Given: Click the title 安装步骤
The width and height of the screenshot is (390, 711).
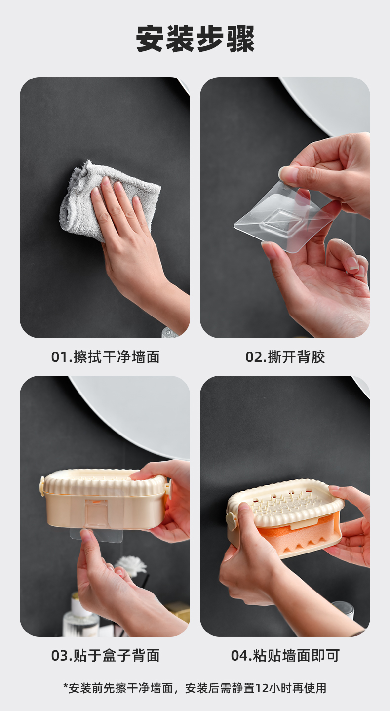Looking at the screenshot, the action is point(195,39).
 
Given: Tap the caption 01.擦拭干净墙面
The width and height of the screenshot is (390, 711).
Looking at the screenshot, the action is point(105,357).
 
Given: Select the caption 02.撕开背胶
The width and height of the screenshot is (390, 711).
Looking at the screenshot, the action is point(285,357).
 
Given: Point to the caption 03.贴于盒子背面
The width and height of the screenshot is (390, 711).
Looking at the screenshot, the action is point(105,656).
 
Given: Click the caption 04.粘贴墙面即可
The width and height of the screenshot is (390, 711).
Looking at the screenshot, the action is point(285,656).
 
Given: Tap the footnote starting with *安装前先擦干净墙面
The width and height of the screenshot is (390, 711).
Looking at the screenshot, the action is point(195,688).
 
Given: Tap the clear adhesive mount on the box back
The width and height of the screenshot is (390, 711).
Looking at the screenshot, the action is point(96,520).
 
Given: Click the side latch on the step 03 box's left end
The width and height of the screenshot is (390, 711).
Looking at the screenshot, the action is point(41,486).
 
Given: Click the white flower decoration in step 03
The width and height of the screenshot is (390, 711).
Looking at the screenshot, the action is point(131,565).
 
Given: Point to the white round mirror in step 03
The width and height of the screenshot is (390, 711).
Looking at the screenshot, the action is point(133,413).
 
